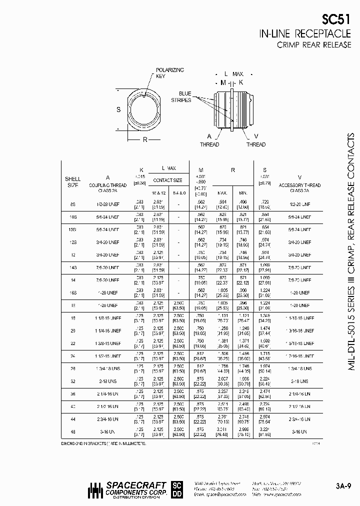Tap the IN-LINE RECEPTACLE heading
pos(304,34)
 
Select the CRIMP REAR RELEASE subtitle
pos(313,45)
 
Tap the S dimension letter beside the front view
pos(118,109)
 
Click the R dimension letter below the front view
pos(145,139)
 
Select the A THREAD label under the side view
pos(209,140)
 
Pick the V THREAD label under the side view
pos(256,140)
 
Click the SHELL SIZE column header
pos(73,181)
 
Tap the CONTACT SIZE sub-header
pos(167,180)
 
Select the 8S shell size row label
pos(73,204)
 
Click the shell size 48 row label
pos(73,431)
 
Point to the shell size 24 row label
pos(73,356)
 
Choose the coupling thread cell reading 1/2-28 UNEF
pos(108,204)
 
